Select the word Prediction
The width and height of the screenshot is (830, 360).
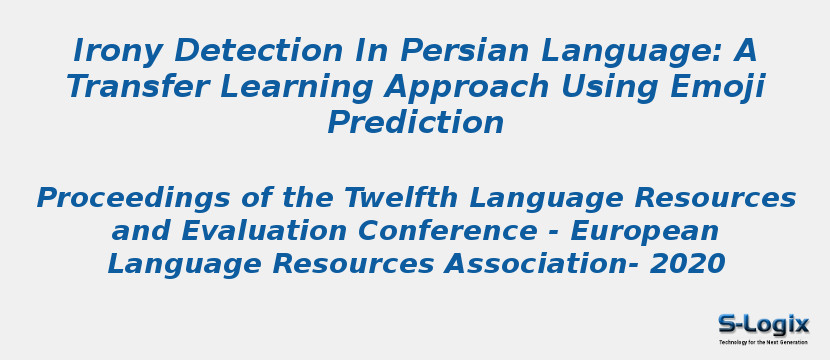tap(415, 122)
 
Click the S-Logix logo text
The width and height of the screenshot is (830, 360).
tap(763, 324)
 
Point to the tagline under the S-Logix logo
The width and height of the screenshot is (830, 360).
tap(763, 342)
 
